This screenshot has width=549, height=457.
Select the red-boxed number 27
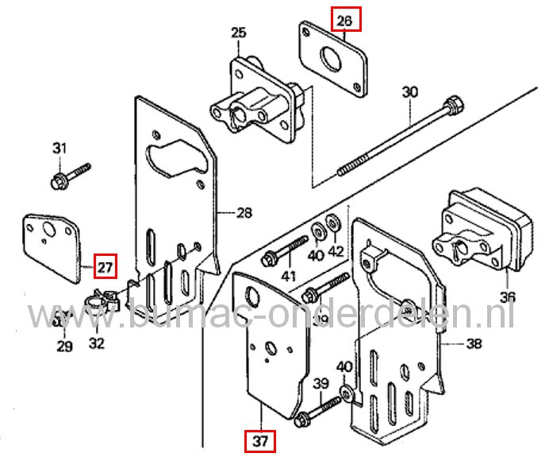point(106,264)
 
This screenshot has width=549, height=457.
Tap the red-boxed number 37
point(259,440)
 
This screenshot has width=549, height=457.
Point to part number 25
point(238,33)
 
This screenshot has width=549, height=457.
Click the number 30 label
point(409,93)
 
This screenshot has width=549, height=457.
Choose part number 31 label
point(60,148)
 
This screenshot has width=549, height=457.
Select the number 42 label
point(336,253)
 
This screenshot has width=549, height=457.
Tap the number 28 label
point(244,213)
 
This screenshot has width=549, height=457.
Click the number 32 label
point(96,344)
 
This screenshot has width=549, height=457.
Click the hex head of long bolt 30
point(453,104)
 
